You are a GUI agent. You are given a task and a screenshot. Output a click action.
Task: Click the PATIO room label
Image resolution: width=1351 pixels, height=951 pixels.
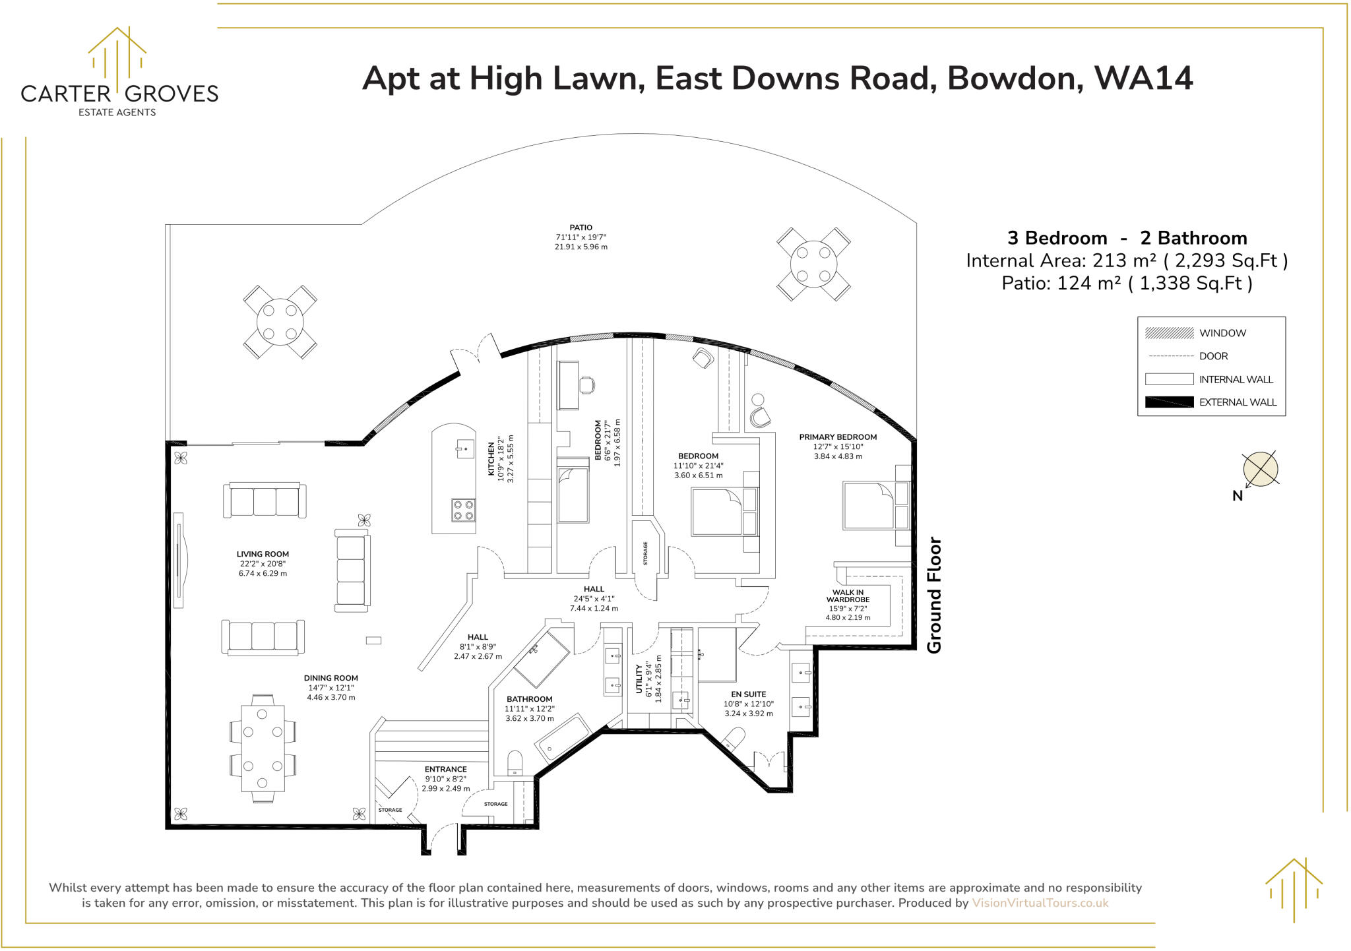pos(581,228)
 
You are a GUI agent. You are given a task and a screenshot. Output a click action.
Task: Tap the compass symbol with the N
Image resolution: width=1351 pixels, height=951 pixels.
pos(1259,470)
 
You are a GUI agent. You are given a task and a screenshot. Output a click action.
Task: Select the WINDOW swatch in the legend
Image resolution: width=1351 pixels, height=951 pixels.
pos(1169,333)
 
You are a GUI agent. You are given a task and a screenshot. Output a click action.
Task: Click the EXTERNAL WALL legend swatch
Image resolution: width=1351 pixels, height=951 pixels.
pos(1169,402)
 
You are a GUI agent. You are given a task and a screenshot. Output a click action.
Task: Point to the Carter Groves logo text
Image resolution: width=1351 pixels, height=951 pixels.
pos(119,94)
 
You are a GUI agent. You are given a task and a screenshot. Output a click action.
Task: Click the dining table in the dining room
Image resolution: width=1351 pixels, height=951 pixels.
pos(263,749)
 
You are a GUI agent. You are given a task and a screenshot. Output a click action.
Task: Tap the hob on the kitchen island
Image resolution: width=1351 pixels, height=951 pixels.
pos(463,510)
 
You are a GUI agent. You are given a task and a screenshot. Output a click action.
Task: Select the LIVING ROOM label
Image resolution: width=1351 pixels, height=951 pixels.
pos(263,555)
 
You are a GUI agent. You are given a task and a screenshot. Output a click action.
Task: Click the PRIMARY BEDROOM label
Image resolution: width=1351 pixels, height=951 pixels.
pos(838,437)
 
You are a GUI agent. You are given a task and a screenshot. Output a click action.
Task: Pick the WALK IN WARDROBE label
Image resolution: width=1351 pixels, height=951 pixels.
pos(848,596)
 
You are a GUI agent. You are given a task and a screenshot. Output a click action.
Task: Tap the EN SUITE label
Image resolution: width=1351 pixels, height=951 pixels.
pos(749,694)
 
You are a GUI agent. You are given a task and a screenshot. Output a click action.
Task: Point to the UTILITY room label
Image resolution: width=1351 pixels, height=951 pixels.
pos(639,679)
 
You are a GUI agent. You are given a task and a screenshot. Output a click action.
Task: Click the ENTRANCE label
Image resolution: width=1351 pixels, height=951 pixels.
pos(445,770)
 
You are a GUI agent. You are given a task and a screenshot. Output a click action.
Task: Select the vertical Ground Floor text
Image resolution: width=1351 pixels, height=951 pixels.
pos(934,596)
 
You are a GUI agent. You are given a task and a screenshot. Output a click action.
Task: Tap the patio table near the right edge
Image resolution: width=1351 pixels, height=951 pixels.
pos(813,264)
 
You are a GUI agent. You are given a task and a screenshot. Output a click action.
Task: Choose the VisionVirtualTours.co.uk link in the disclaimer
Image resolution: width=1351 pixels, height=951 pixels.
pos(1040,903)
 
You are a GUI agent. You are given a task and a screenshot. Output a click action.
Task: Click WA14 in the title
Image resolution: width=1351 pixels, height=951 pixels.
pos(1143,78)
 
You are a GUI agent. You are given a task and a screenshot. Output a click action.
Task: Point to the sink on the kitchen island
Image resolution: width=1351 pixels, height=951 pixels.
pos(464,448)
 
